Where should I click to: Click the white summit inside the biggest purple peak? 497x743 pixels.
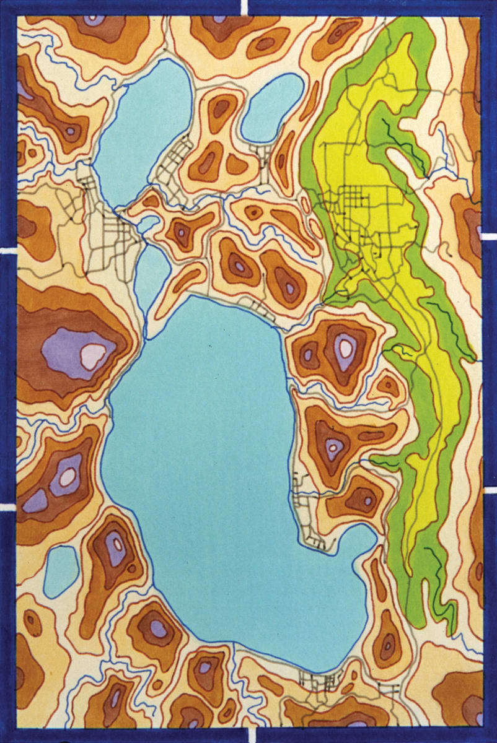click(93, 356)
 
